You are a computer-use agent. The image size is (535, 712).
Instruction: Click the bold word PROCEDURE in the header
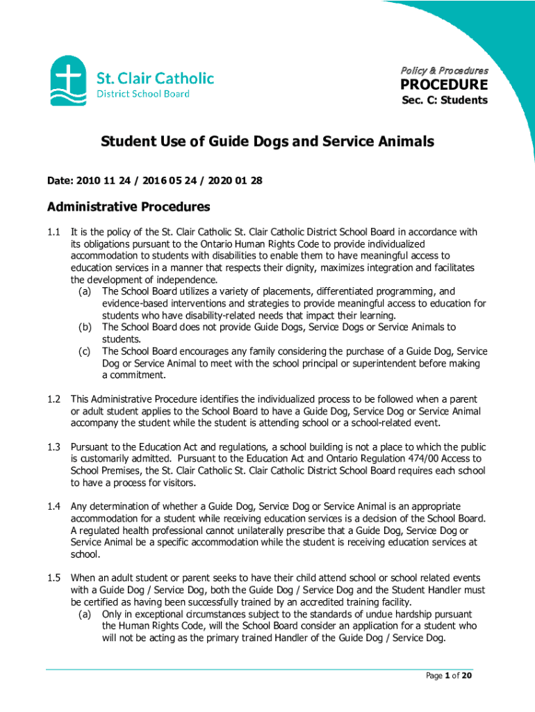tap(444, 85)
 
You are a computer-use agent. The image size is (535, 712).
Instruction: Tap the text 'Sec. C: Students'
tap(445, 100)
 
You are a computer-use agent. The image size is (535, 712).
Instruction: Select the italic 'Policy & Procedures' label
tap(444, 70)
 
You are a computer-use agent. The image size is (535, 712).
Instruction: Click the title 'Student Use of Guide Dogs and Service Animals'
tap(267, 142)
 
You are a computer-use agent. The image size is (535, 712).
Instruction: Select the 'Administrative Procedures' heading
tap(128, 207)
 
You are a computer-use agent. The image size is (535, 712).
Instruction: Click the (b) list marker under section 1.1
tap(86, 327)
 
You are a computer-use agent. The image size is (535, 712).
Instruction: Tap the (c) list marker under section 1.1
tap(86, 351)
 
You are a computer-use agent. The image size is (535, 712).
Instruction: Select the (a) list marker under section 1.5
tap(86, 615)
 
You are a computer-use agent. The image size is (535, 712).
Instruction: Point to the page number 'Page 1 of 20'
tap(448, 676)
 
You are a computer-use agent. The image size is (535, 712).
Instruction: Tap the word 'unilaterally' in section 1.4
tap(222, 531)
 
